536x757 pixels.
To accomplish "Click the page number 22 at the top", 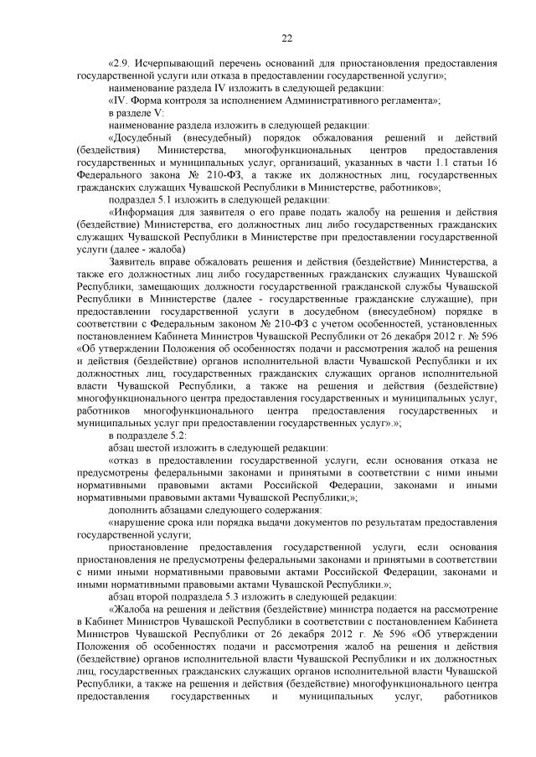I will (x=286, y=39).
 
